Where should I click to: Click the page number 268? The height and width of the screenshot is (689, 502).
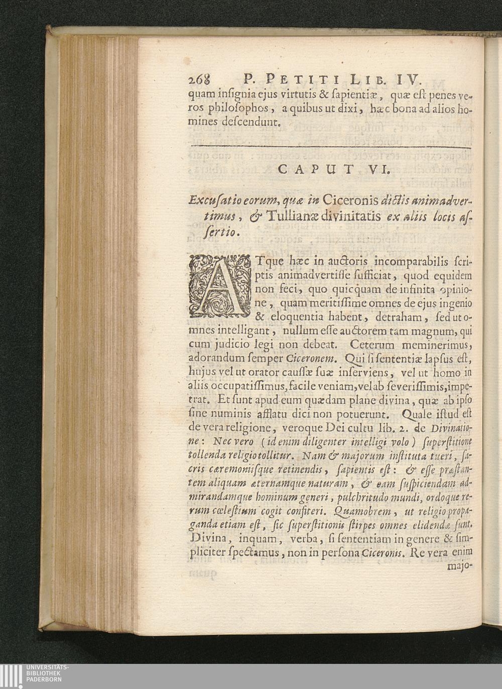coord(200,79)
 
